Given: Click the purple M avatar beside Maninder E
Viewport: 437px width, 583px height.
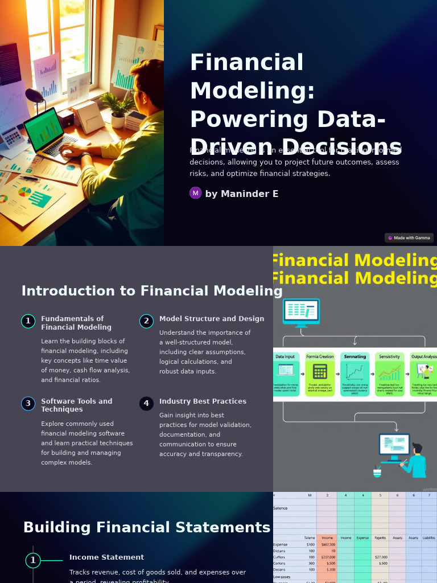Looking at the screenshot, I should [x=196, y=193].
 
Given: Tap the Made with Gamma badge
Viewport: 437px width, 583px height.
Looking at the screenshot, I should [x=409, y=238].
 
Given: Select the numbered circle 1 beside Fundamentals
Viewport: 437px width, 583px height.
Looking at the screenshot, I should [x=28, y=321].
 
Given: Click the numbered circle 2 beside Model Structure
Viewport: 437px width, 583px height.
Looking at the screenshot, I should [x=146, y=321].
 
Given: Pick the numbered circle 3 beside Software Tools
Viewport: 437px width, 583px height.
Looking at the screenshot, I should [x=28, y=404].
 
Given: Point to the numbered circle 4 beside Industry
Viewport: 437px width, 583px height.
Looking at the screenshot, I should [x=146, y=404].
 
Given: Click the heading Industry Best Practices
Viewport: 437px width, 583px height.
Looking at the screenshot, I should [x=203, y=401].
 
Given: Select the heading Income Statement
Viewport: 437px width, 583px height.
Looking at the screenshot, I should [x=106, y=557].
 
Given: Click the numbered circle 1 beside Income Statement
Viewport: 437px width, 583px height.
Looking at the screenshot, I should [x=33, y=561].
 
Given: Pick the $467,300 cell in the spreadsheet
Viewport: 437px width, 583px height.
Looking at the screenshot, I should [x=328, y=545].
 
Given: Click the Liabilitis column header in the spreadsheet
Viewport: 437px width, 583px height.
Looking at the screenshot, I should [x=428, y=537].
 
